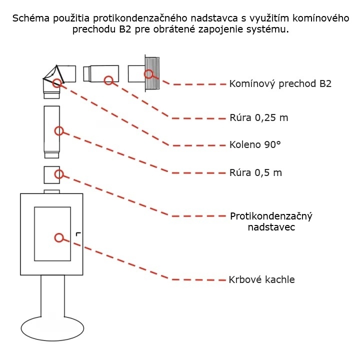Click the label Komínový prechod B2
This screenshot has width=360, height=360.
(x=280, y=84)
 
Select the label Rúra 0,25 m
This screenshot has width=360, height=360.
(x=258, y=118)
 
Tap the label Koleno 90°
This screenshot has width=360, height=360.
(x=255, y=145)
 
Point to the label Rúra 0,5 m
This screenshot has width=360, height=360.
(x=255, y=173)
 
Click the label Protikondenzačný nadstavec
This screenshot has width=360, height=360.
(x=271, y=221)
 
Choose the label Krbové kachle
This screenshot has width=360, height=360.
(x=261, y=279)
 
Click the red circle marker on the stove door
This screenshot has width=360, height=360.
(x=59, y=238)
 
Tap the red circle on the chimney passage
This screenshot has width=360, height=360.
(x=148, y=74)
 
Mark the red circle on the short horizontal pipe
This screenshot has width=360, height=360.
(x=108, y=80)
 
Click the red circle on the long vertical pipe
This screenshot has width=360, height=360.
(x=59, y=131)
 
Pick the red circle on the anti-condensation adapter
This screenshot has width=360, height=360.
(x=59, y=174)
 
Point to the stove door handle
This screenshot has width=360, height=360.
(x=78, y=234)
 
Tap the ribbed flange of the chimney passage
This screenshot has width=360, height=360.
(x=152, y=73)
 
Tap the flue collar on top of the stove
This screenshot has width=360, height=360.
(x=52, y=191)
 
